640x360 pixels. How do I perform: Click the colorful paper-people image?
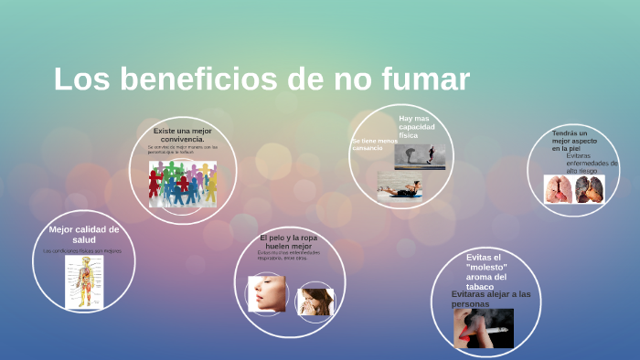[x=183, y=183]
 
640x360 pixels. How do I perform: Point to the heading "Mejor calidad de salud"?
[x=84, y=234]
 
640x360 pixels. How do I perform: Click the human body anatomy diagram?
[x=84, y=281]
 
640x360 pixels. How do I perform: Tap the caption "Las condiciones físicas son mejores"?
[x=82, y=250]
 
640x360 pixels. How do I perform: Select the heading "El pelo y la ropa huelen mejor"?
[x=289, y=241]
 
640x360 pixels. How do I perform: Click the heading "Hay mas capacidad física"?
[x=414, y=127]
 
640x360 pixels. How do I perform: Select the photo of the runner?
[x=421, y=155]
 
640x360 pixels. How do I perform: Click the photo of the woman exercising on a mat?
[x=400, y=187]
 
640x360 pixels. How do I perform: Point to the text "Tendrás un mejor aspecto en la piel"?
[x=574, y=141]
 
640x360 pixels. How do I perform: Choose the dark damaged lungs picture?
[x=590, y=189]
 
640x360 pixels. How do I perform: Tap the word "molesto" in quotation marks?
[x=485, y=267]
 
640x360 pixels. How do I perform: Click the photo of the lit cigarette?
[x=484, y=328]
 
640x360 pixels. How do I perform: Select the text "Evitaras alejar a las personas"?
[x=491, y=298]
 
